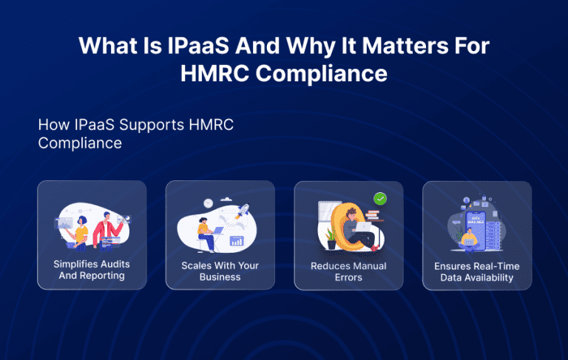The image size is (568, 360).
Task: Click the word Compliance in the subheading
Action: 80,143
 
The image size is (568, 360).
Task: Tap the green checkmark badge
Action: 380,198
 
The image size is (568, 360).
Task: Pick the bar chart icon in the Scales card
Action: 237,241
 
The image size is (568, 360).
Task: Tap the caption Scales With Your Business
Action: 220,271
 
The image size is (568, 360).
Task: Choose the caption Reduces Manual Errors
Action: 348,271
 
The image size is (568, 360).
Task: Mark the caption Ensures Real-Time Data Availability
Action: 477,272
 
